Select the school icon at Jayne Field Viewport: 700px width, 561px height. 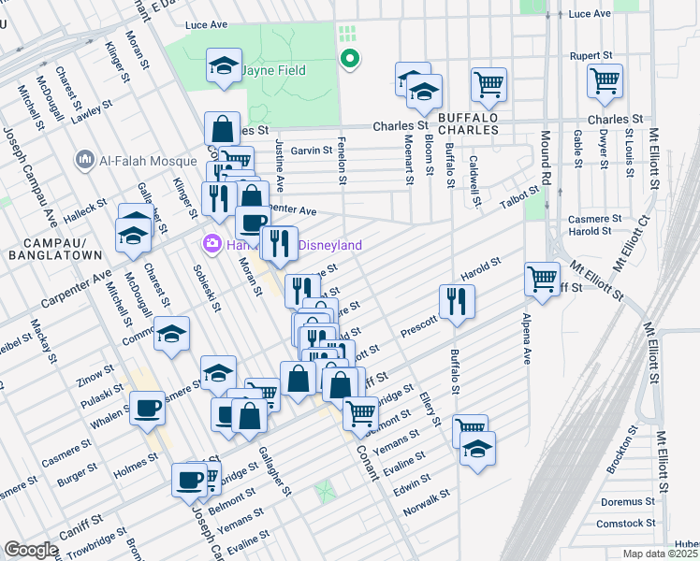pyautogui.click(x=223, y=66)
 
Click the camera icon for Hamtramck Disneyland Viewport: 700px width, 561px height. pyautogui.click(x=212, y=245)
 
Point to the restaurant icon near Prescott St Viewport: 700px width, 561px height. pyautogui.click(x=457, y=302)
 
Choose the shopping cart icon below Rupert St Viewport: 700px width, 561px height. pyautogui.click(x=605, y=80)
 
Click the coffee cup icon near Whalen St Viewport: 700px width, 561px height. pyautogui.click(x=147, y=408)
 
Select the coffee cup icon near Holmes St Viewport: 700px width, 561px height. pyautogui.click(x=189, y=480)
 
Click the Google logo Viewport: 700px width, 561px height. pyautogui.click(x=31, y=550)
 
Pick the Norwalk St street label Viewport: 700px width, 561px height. pyautogui.click(x=427, y=504)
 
